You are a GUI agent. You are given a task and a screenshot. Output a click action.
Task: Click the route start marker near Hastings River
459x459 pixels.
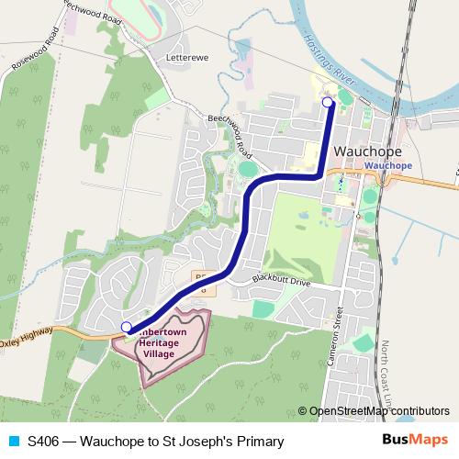330,103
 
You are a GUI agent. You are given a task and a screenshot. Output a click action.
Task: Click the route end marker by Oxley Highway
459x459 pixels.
126,326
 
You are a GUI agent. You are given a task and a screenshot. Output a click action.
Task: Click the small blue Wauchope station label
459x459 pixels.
388,165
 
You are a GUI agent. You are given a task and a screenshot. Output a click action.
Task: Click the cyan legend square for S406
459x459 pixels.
12,442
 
